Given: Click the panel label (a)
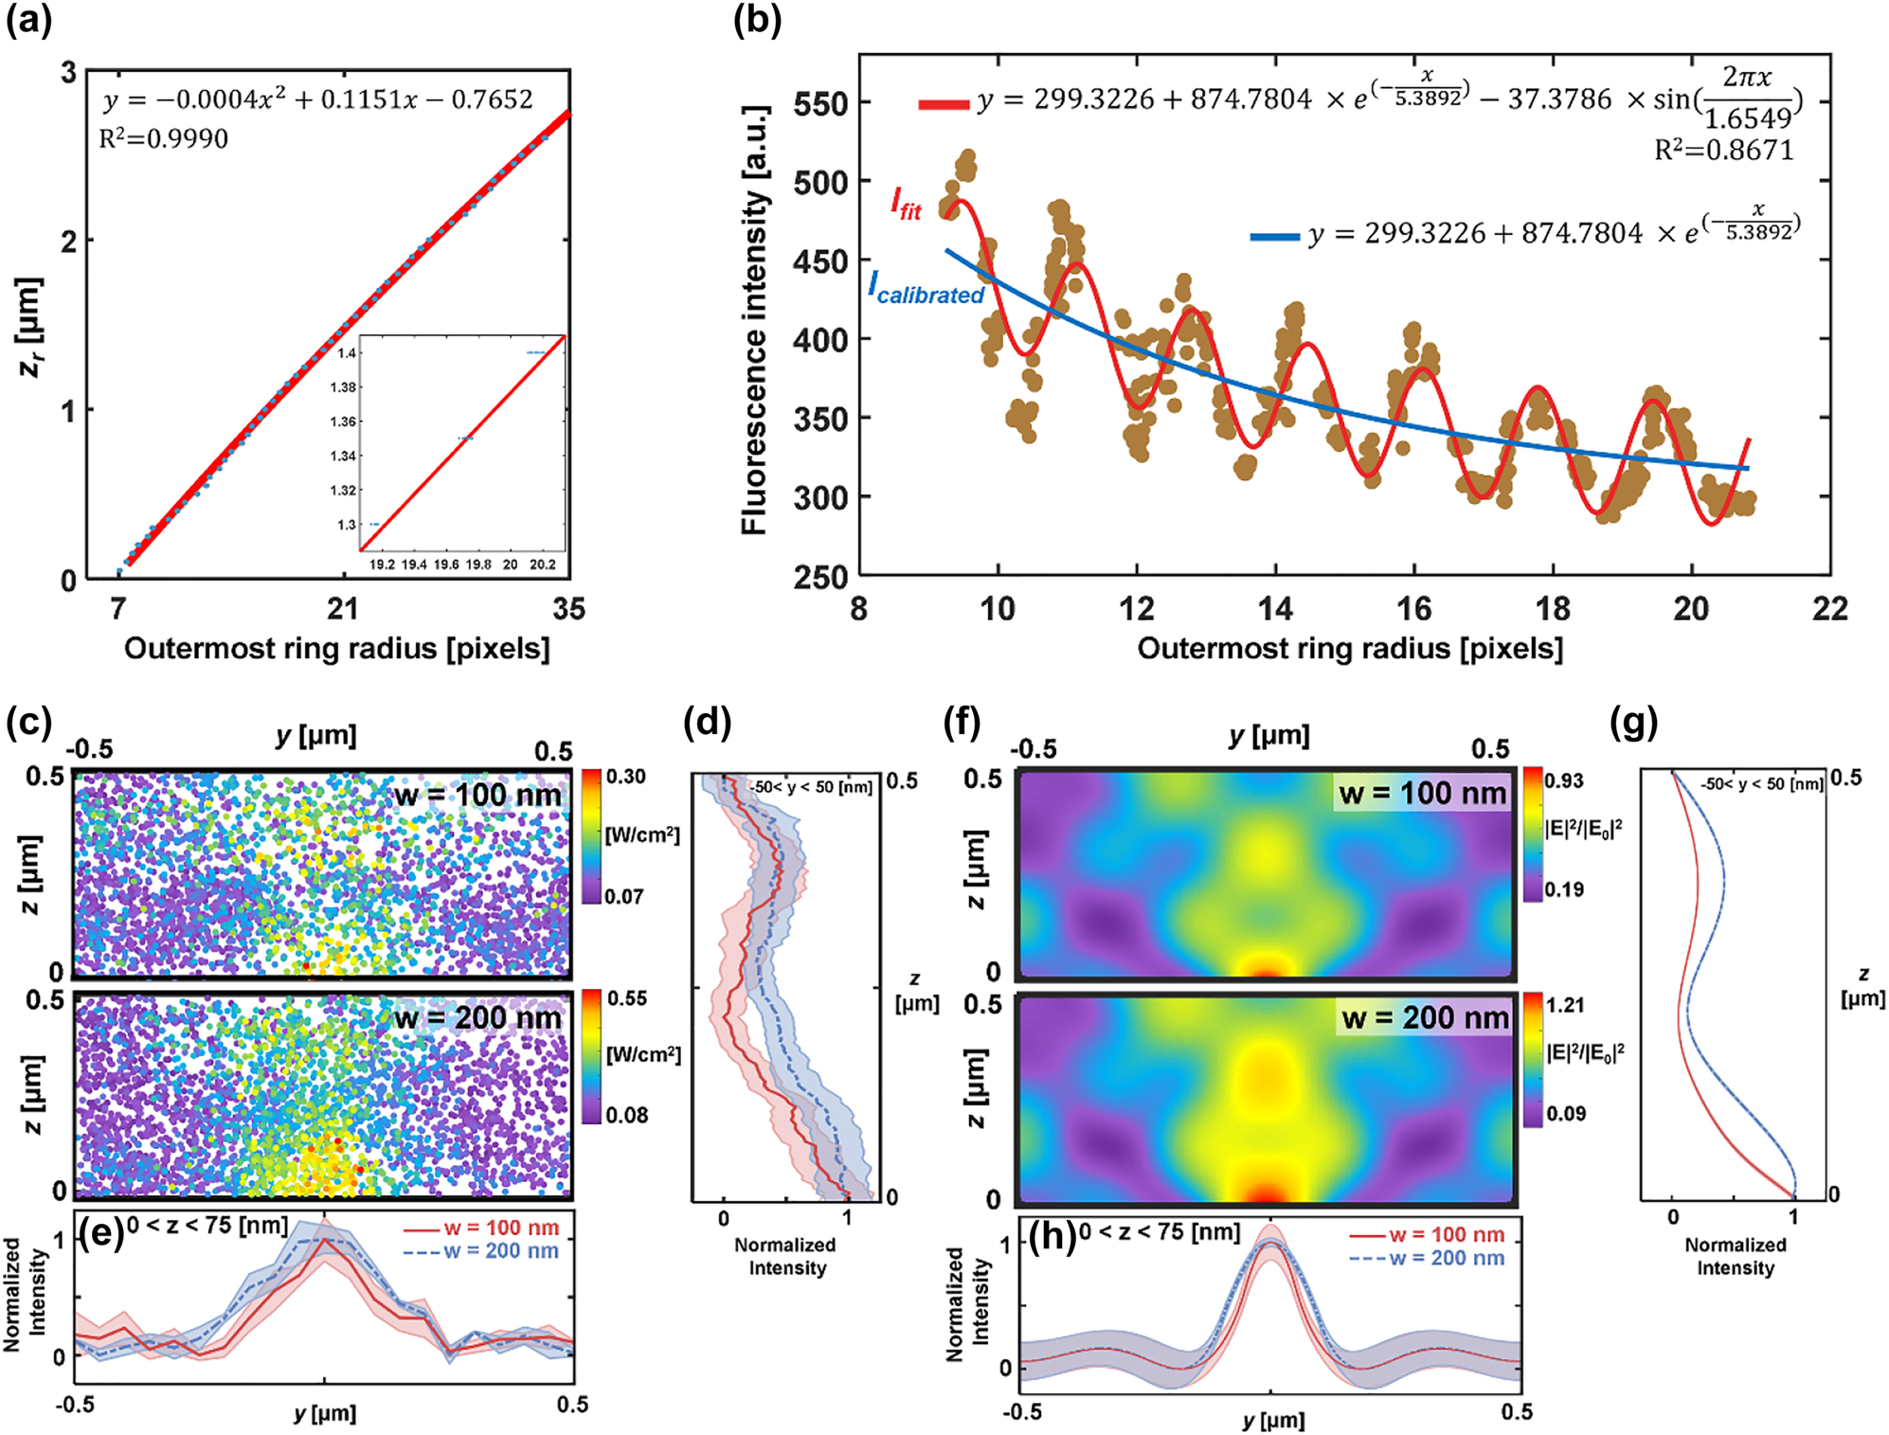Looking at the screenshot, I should pos(28,21).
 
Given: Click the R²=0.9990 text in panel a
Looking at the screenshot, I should pos(164,139).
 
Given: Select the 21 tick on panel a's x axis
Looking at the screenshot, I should pos(342,608).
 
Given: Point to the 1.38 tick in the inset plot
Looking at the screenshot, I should pos(343,387).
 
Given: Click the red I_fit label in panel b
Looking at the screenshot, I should pos(905,202).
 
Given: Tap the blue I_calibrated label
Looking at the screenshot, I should pos(927,288).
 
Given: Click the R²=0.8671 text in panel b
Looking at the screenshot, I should pos(1723,150).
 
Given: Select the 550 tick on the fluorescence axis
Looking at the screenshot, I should pos(820,103).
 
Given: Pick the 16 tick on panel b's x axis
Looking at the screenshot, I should pos(1413,608).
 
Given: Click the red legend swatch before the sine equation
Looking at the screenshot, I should pos(943,103).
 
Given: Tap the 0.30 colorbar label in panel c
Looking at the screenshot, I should pos(626,777).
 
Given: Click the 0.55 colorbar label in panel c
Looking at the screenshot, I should pos(627,998).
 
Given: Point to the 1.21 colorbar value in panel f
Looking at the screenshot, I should pos(1565,1004).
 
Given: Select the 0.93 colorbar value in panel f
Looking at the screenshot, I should pos(1564,780).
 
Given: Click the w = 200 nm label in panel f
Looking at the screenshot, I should pos(1425,1018).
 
